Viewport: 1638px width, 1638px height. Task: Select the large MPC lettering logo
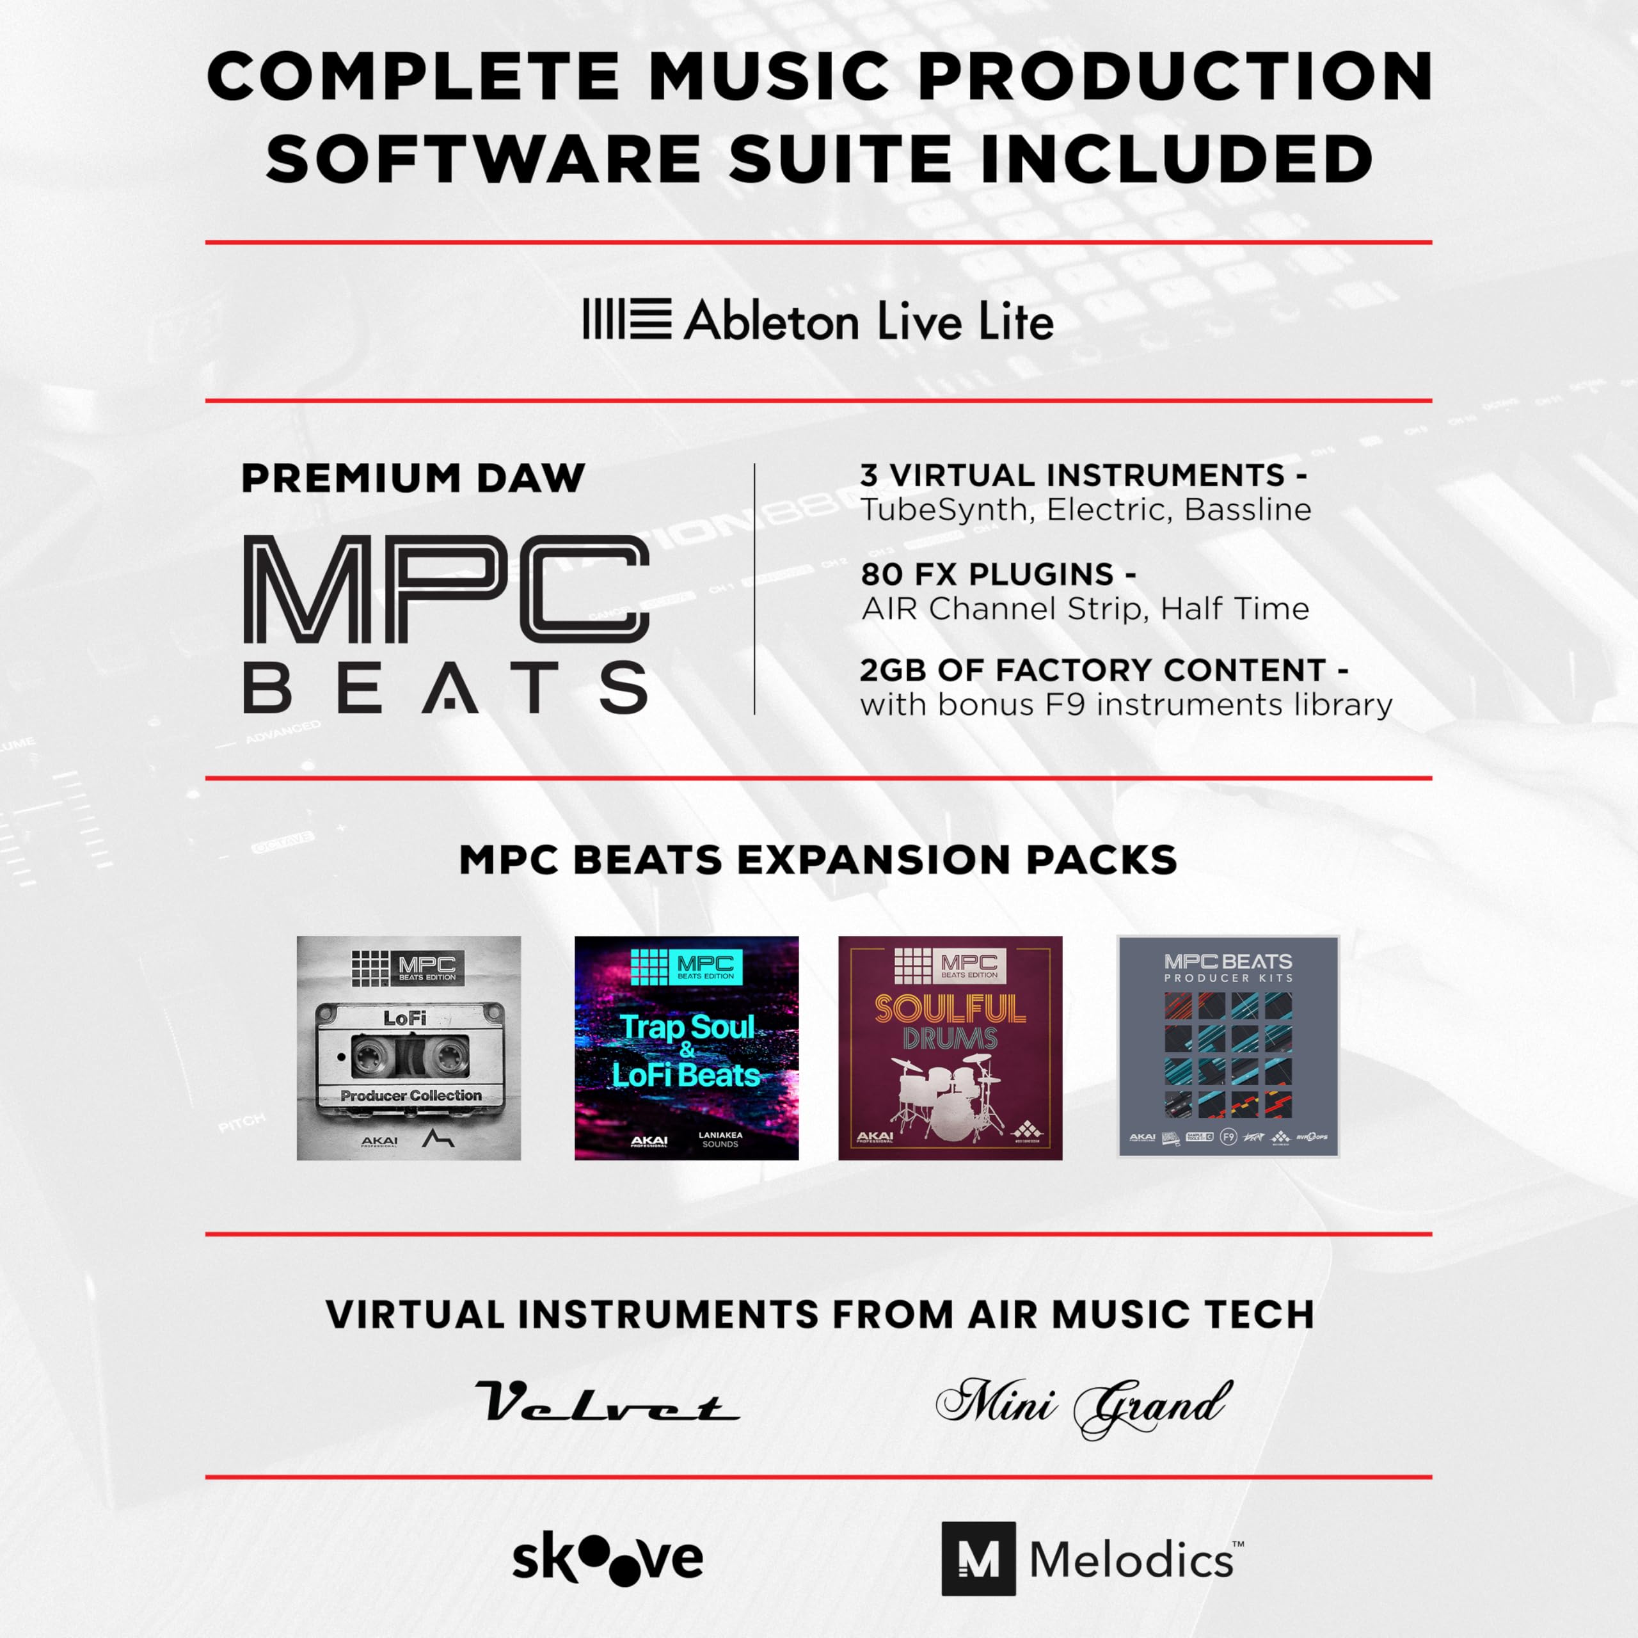(446, 589)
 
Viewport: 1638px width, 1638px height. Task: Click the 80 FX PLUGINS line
(998, 574)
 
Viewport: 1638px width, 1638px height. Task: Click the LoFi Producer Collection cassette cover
(409, 1048)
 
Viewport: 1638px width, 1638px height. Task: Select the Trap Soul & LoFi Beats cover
(686, 1048)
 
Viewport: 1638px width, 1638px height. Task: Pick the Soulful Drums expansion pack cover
(950, 1048)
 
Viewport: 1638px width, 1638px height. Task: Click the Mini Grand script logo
(1083, 1406)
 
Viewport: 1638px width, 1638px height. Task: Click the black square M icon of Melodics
(978, 1558)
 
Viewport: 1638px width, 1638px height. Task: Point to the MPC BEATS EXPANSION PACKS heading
(818, 860)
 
